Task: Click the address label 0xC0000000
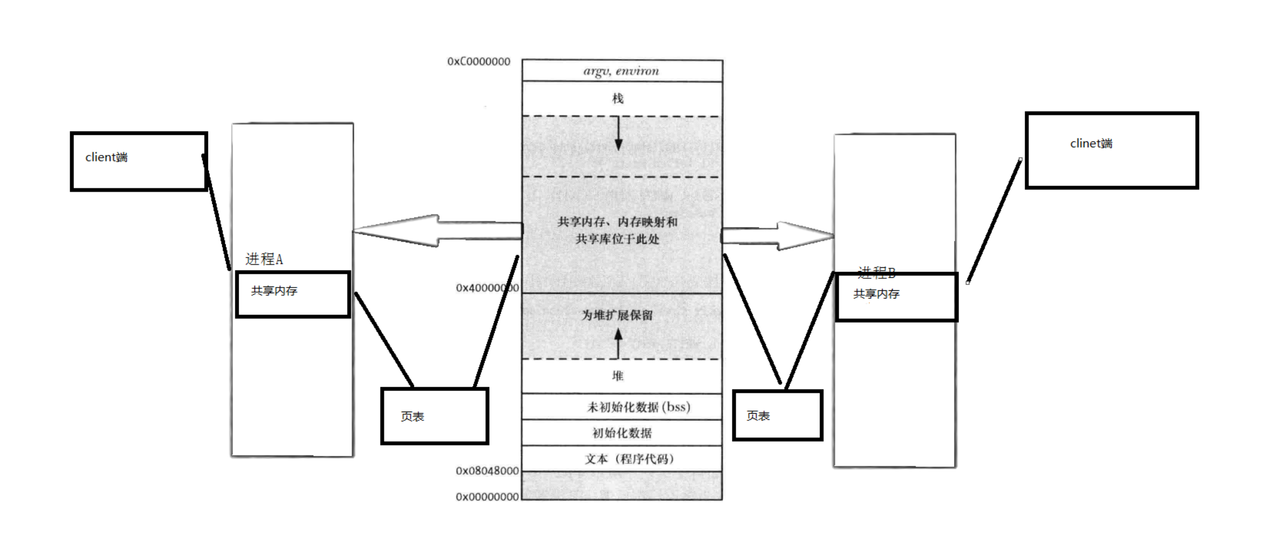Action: (479, 62)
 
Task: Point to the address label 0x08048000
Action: (487, 471)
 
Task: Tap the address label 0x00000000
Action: (487, 497)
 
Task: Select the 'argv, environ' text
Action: (621, 71)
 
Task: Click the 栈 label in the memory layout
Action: (617, 98)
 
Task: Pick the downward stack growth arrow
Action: (618, 133)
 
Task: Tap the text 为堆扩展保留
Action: (617, 315)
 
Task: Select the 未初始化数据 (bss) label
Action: (639, 407)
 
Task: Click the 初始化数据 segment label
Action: (622, 433)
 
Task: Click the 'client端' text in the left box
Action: (106, 157)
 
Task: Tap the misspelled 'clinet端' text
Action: (1091, 144)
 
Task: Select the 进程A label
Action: (264, 259)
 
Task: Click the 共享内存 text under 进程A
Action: (274, 291)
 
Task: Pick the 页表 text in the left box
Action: (412, 416)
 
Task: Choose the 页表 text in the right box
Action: (758, 416)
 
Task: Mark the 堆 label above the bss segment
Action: (617, 376)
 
